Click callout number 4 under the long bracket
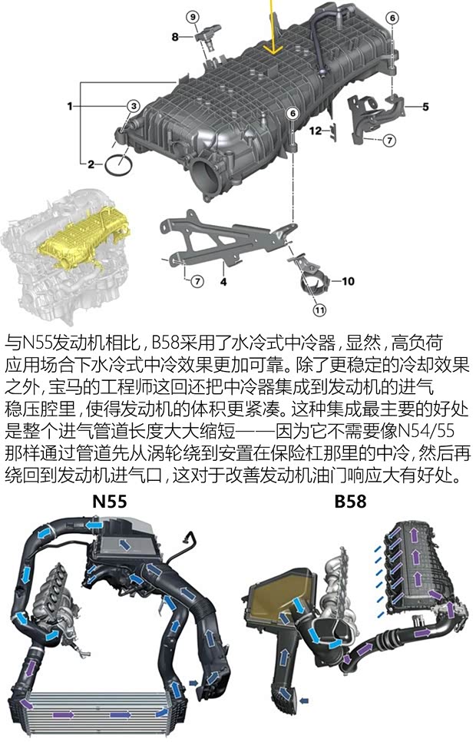point(223,282)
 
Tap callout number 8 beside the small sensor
point(175,36)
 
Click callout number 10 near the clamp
point(348,281)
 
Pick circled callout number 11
point(319,310)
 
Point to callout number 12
point(316,131)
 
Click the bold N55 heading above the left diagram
point(109,502)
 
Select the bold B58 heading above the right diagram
point(350,502)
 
